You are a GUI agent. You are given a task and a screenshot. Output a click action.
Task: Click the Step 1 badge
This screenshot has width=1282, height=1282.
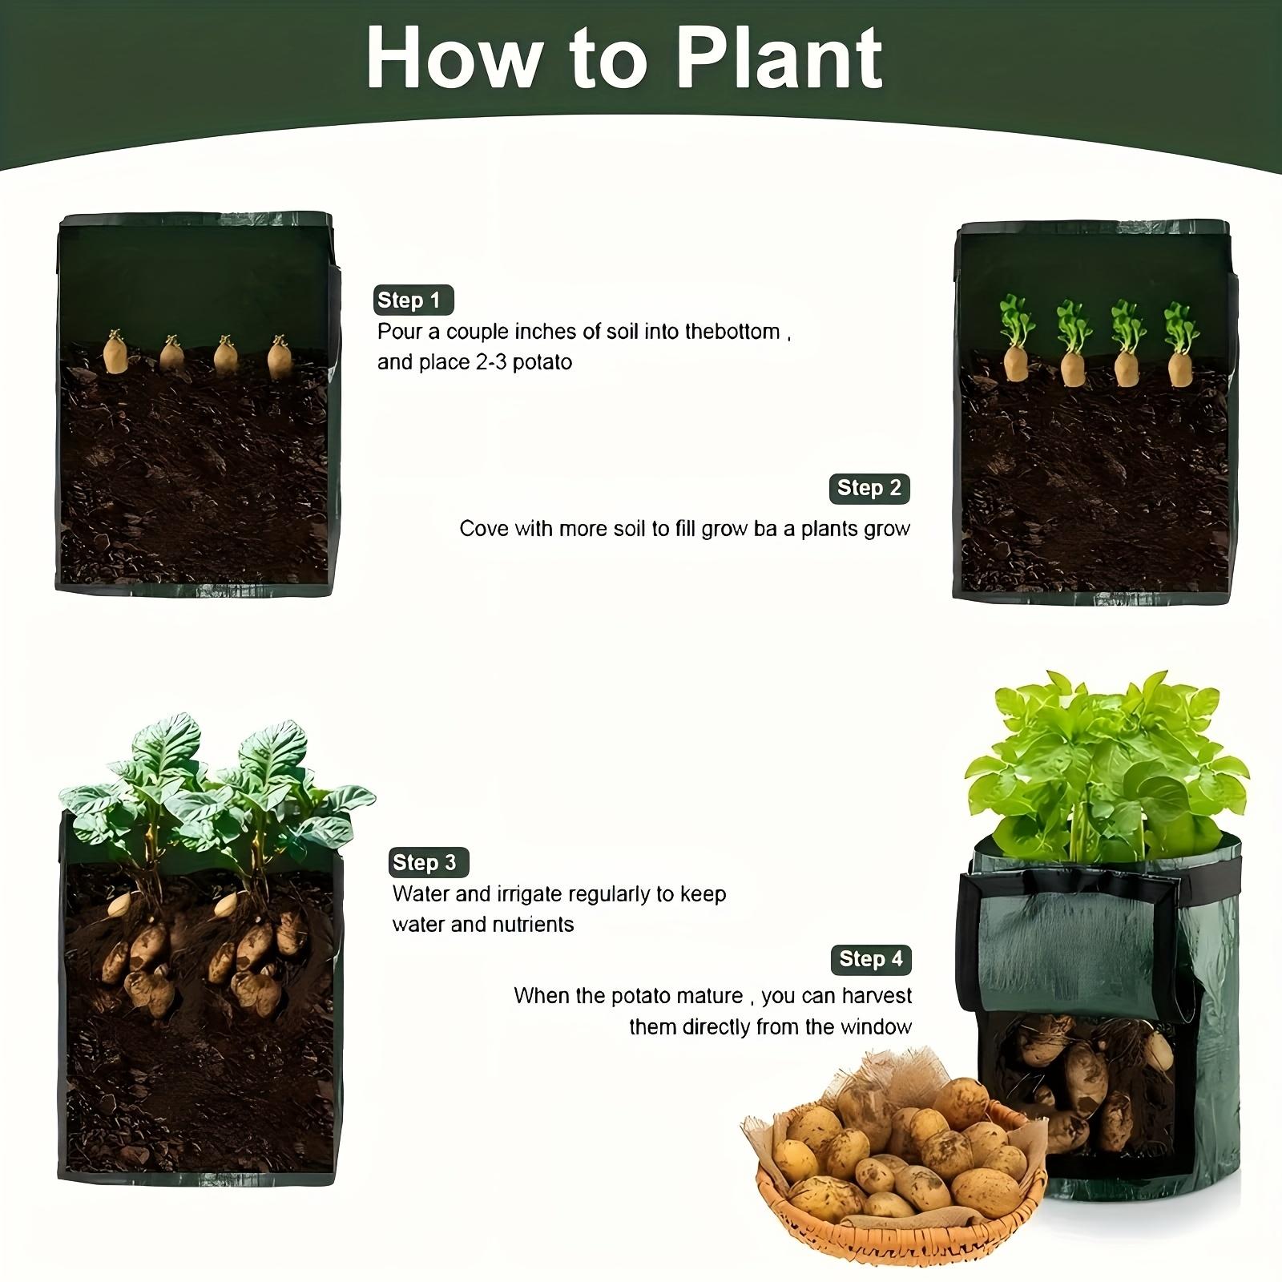[x=413, y=300]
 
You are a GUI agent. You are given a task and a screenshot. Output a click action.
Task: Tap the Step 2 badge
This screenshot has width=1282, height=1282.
[x=869, y=488]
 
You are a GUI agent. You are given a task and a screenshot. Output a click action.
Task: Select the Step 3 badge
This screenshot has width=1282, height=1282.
[x=429, y=862]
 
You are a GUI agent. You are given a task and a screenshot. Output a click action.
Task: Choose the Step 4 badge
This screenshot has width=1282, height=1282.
[x=871, y=959]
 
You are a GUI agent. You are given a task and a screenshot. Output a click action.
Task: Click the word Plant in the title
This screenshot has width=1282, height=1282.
[x=780, y=59]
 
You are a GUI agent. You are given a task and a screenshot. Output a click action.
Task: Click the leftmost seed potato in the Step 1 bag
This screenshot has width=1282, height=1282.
[x=117, y=353]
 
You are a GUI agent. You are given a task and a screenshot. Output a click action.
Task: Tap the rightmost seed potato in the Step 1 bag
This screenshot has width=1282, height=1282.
[x=279, y=357]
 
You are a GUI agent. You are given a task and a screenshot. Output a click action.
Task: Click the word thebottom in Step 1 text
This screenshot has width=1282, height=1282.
[x=732, y=332]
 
